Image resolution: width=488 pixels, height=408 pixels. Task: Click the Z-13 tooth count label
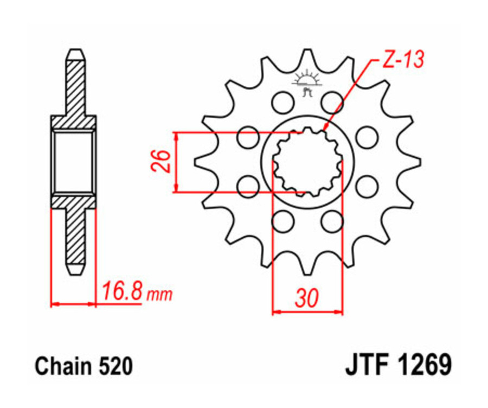click(402, 60)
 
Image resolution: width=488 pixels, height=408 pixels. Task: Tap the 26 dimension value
click(162, 161)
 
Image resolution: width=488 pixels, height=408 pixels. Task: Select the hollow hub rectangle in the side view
click(74, 161)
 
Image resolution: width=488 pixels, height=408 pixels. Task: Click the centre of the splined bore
click(307, 161)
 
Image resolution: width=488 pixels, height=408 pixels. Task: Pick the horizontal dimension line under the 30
click(307, 312)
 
